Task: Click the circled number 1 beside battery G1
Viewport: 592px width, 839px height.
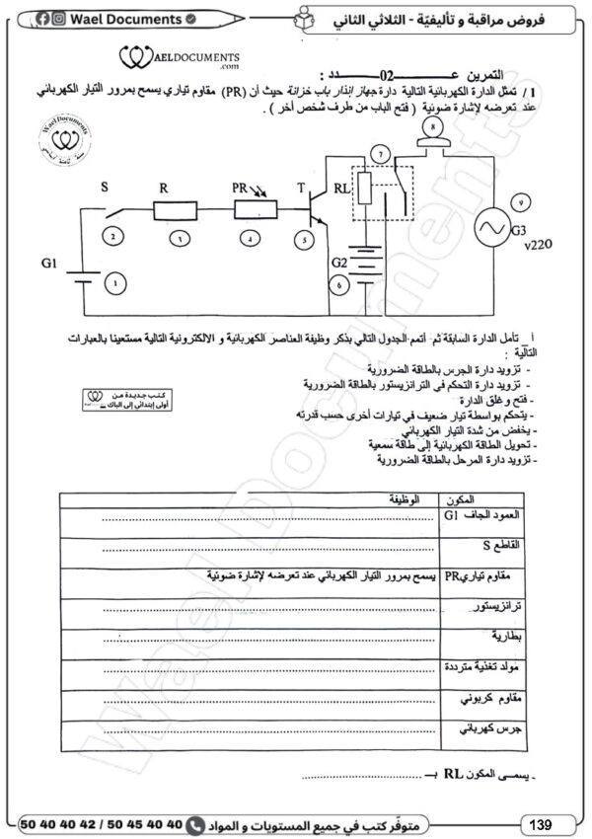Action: pos(117,283)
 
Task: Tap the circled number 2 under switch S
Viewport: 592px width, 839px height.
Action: pos(115,237)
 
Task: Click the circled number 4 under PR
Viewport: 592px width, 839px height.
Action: pos(253,238)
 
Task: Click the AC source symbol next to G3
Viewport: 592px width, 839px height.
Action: pos(490,229)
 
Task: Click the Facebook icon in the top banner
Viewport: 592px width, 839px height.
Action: pos(43,19)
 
